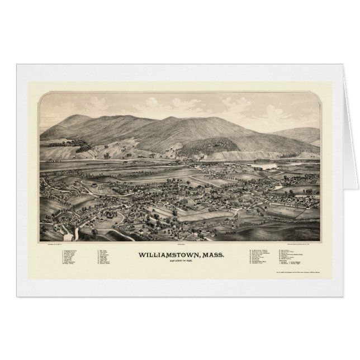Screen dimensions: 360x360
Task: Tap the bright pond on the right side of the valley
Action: (267, 166)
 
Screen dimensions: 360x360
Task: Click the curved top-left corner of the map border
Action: (42, 95)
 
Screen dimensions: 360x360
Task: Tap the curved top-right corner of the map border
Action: (319, 95)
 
